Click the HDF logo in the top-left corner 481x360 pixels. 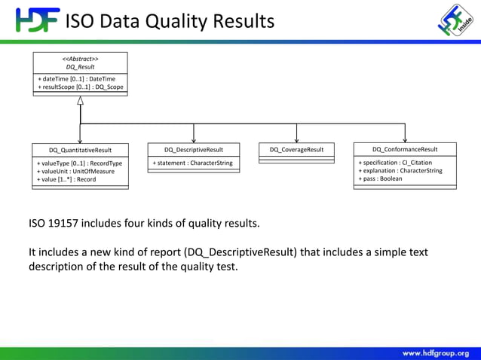coord(35,20)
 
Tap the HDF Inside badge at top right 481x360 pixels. coord(456,20)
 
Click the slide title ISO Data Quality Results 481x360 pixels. coord(170,20)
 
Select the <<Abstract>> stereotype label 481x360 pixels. coord(80,59)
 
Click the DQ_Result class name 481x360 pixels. coord(80,67)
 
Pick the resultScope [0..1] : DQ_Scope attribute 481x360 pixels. coord(80,87)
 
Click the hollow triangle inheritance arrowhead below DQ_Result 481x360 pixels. coord(80,101)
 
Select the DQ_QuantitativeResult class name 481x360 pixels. coord(80,150)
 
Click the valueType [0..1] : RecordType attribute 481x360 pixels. coord(79,163)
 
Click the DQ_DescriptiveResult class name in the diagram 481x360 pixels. coord(194,150)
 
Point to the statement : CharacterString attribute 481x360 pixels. coord(193,163)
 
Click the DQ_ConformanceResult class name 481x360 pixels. coord(405,149)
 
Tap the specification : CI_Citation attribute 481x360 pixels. coord(395,163)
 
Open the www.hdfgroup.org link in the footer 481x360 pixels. coord(435,352)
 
